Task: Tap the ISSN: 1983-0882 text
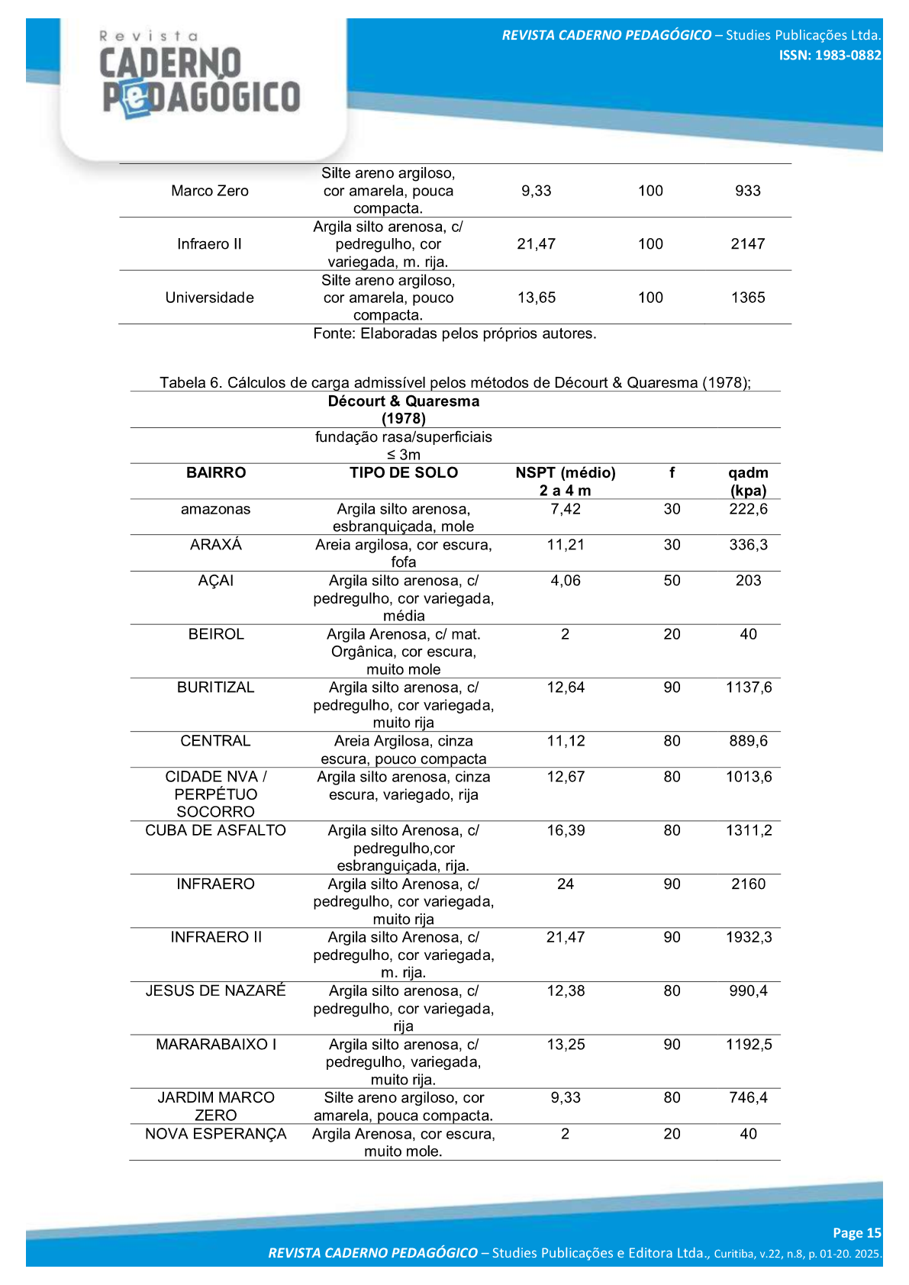[x=830, y=55]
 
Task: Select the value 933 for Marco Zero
[x=747, y=191]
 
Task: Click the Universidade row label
[x=210, y=298]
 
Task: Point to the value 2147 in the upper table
[x=747, y=244]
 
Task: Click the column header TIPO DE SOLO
[x=404, y=473]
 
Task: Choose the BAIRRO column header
[x=216, y=473]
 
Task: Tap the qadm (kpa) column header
[x=748, y=481]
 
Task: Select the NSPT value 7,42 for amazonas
[x=566, y=509]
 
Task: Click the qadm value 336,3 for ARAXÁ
[x=748, y=545]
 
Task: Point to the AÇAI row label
[x=216, y=581]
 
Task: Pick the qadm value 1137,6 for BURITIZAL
[x=749, y=688]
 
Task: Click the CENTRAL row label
[x=215, y=741]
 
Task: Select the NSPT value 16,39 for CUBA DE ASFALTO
[x=566, y=830]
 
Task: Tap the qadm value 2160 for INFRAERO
[x=748, y=884]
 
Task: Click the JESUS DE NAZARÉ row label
[x=216, y=990]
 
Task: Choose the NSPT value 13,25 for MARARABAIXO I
[x=566, y=1044]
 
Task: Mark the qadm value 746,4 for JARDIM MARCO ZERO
[x=748, y=1097]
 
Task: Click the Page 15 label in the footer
[x=856, y=1232]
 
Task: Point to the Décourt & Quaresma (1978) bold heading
[x=404, y=410]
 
